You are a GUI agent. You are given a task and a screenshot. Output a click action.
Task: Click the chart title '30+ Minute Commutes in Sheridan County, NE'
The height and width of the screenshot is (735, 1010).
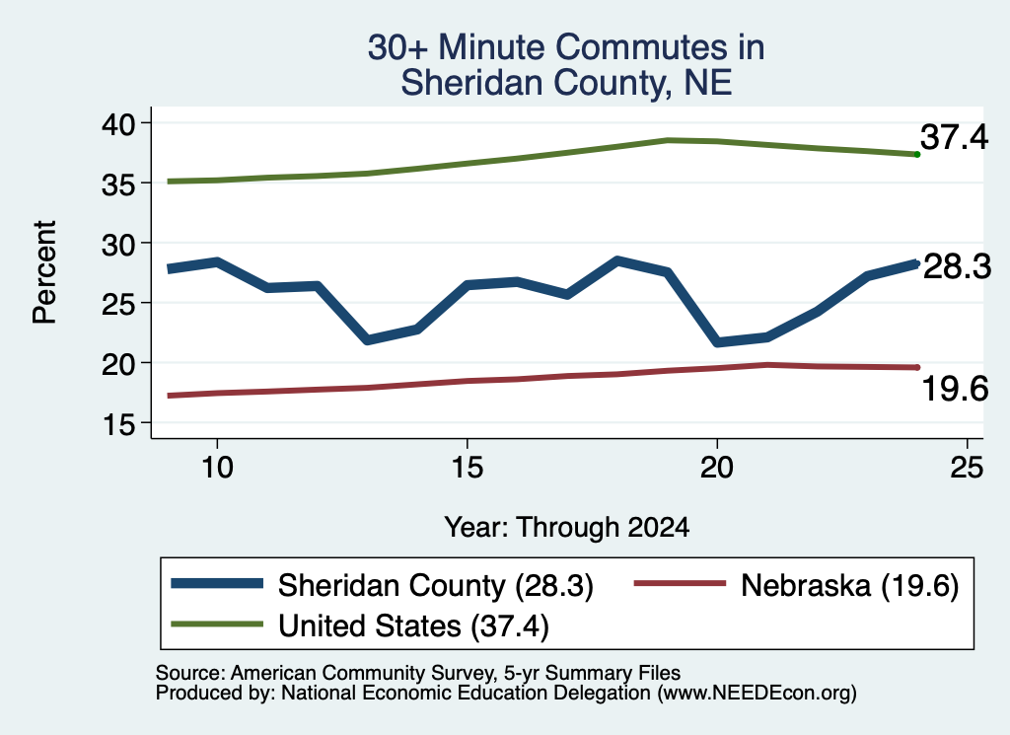tap(566, 64)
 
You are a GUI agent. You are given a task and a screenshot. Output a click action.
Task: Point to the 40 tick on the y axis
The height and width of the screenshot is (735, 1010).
tap(118, 123)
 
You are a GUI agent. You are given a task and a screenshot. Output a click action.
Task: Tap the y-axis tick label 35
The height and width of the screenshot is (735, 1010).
tap(118, 184)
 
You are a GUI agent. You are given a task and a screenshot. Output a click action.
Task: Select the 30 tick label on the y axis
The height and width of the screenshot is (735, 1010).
tap(118, 244)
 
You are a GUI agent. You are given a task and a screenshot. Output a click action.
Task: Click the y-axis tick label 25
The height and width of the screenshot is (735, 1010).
tap(118, 304)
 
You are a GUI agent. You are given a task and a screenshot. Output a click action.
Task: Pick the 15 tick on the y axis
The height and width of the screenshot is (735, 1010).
tap(118, 424)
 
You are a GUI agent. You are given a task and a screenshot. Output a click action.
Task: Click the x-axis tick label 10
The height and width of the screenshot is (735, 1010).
tap(217, 467)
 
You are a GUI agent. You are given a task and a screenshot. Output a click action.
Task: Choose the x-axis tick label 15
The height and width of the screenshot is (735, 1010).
tap(467, 467)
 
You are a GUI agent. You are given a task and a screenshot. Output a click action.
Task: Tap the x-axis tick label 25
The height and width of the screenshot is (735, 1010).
tap(967, 467)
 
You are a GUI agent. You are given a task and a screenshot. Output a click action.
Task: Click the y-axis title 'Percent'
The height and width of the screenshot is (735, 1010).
tap(44, 272)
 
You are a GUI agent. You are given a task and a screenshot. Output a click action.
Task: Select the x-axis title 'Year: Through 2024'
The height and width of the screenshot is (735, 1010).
tap(567, 528)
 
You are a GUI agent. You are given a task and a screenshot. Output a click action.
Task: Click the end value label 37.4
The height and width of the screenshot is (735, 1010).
tap(954, 137)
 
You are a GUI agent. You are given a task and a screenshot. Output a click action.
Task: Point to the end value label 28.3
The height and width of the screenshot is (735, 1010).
tap(957, 266)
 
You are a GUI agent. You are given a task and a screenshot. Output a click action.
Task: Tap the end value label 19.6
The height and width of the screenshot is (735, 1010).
tap(955, 389)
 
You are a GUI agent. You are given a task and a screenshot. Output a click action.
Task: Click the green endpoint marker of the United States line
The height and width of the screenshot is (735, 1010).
tap(917, 155)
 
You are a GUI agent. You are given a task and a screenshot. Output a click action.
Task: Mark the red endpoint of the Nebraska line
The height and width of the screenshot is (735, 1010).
tap(917, 367)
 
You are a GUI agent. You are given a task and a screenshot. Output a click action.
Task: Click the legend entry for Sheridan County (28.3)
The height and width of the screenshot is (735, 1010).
tap(382, 585)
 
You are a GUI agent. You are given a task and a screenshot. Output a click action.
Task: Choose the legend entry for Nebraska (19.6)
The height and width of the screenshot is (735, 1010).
tap(797, 585)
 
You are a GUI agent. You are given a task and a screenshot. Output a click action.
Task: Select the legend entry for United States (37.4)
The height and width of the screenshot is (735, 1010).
tap(360, 625)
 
